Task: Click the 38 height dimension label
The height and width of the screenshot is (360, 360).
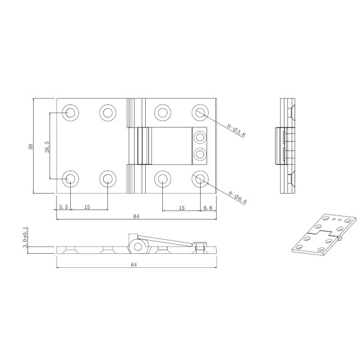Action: (x=31, y=146)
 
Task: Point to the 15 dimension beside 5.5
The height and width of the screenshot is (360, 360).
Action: (x=87, y=207)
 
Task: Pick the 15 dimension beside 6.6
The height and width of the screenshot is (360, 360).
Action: (x=181, y=207)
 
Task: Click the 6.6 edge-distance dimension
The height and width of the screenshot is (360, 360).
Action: (x=207, y=207)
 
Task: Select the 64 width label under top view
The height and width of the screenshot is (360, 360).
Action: (x=136, y=217)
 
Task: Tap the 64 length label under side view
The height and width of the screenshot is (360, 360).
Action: (x=136, y=266)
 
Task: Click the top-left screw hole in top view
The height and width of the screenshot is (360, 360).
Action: (x=71, y=112)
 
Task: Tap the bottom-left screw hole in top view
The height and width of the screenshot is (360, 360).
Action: (x=71, y=178)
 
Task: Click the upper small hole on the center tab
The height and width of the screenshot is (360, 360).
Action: (x=200, y=138)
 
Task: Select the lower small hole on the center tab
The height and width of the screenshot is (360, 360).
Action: (x=200, y=154)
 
